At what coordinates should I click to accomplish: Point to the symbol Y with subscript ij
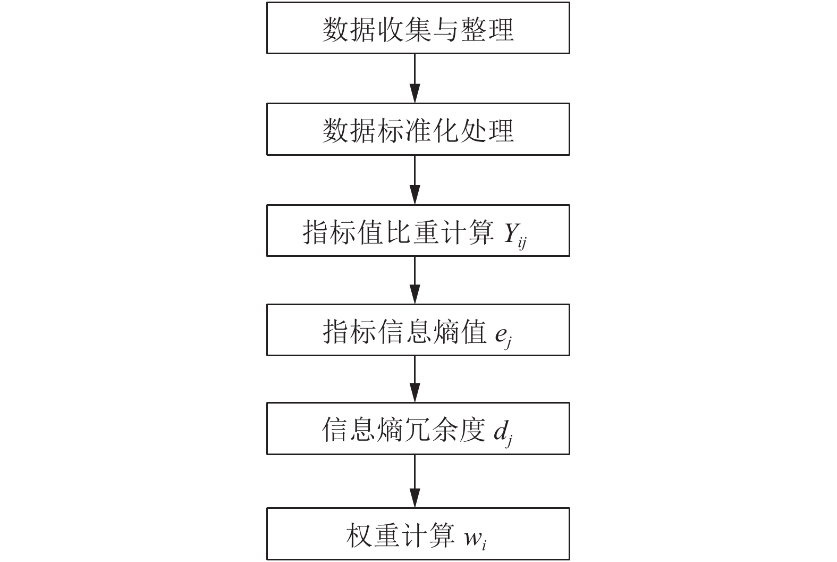click(x=515, y=235)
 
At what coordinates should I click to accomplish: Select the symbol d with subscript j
click(x=503, y=434)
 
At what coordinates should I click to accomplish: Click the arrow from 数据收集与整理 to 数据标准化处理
click(x=415, y=79)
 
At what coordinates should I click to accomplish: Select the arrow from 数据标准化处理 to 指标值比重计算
click(x=415, y=180)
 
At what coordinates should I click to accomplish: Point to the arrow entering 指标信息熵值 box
click(x=415, y=280)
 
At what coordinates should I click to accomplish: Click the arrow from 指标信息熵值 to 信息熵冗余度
click(x=415, y=379)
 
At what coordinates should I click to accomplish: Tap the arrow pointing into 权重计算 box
click(x=415, y=481)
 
